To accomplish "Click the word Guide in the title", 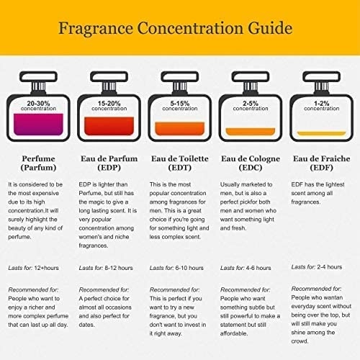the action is (x=270, y=29).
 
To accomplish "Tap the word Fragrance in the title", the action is (x=96, y=29).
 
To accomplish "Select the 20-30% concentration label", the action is (x=38, y=106).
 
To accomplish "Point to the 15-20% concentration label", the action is (x=109, y=106).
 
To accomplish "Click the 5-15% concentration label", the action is (x=180, y=106).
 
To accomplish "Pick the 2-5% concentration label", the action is (x=251, y=106).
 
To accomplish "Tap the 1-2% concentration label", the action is (x=322, y=106).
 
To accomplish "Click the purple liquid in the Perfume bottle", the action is (x=38, y=125).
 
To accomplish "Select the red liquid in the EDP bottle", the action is (x=109, y=126).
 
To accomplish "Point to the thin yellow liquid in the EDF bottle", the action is (x=322, y=133).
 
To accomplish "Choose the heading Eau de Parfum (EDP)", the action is (x=109, y=163).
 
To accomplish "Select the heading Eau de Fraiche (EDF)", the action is (x=322, y=163).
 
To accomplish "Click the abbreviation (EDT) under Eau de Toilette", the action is (x=180, y=168).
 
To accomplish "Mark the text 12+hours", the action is (x=47, y=268).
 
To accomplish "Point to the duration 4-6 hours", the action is (x=258, y=268).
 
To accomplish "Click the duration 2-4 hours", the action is (x=330, y=267).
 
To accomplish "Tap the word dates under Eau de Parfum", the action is (x=86, y=325).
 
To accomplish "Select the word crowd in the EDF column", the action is (x=300, y=341).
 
